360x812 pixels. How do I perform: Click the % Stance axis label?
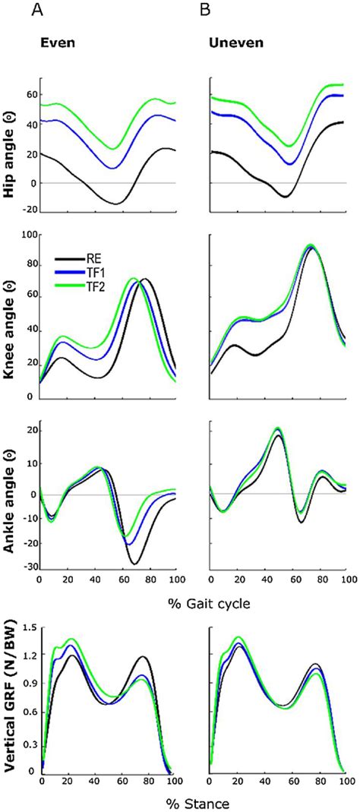(194, 801)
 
